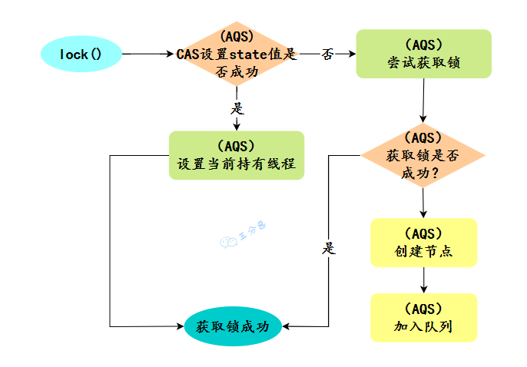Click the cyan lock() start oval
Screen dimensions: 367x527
81,54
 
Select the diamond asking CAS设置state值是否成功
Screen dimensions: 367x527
236,54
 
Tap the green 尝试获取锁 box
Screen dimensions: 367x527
423,54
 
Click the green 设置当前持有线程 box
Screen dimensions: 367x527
236,155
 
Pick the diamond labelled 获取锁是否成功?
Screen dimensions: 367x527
423,156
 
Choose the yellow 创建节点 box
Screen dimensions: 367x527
423,243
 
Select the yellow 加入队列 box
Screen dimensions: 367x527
423,318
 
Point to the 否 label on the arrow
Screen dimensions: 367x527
328,55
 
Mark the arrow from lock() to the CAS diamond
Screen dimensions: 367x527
150,54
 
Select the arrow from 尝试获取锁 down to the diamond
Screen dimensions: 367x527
423,100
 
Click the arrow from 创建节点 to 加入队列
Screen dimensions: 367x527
423,280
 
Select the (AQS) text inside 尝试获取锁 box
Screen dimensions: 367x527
423,45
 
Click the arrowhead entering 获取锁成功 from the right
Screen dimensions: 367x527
286,326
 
